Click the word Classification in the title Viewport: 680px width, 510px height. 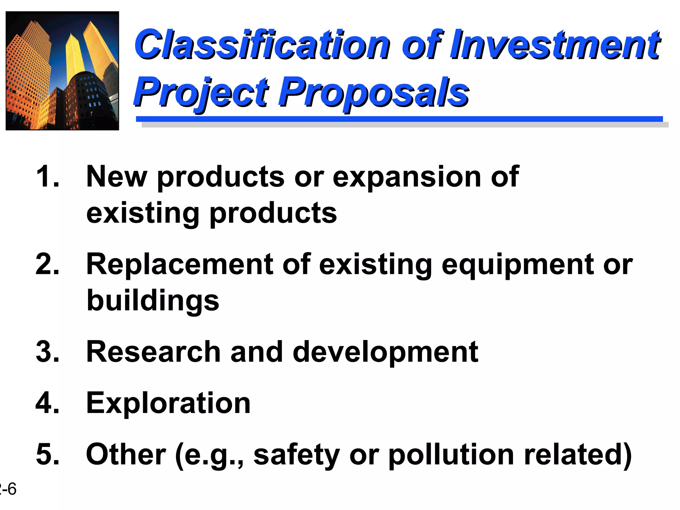point(262,45)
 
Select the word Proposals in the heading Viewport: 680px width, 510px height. point(375,92)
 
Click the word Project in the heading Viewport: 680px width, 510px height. point(201,92)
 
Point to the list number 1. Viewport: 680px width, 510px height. point(47,177)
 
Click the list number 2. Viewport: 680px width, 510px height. point(47,264)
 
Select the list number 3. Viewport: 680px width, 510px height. point(47,352)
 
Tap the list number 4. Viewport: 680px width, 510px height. point(47,403)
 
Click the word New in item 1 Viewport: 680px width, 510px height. point(116,177)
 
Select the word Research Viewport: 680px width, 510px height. point(153,352)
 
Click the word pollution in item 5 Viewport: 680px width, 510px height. point(452,455)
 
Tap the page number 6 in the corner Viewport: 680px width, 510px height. point(12,489)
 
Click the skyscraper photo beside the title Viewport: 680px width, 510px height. point(62,71)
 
